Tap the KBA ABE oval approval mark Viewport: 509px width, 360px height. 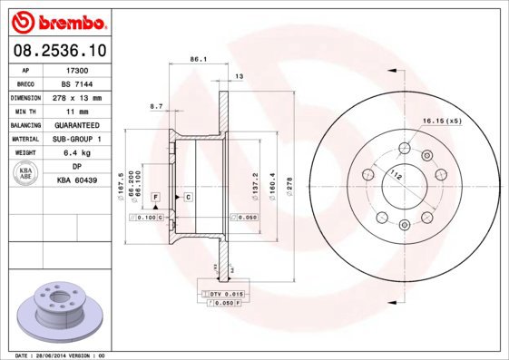26,173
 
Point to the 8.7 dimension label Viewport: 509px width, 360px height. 155,106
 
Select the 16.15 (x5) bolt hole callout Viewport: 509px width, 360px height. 442,120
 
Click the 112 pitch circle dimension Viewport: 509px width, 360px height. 396,173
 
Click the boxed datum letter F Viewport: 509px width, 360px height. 156,196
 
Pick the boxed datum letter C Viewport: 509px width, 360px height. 188,196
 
